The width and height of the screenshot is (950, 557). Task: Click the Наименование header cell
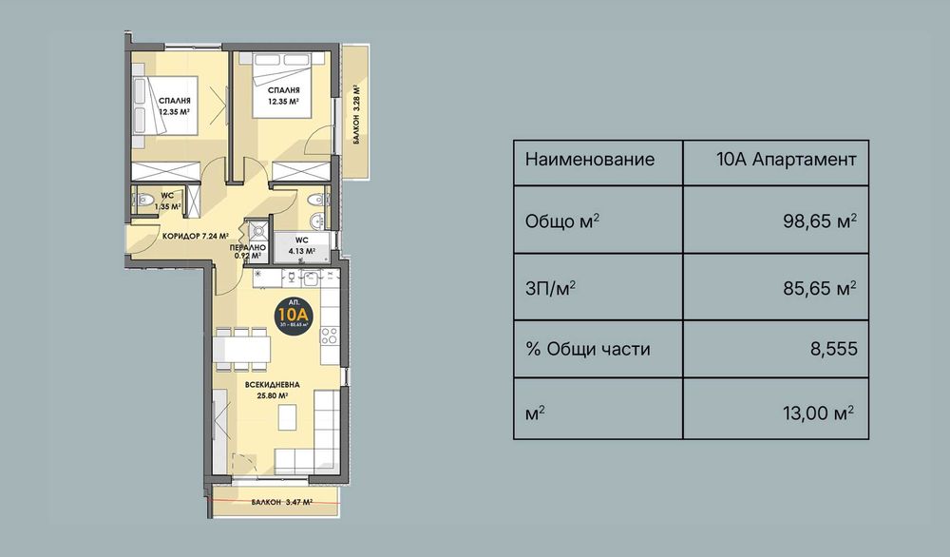pos(590,159)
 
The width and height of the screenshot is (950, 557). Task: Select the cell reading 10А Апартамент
pos(788,159)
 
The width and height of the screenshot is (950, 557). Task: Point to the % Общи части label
pos(587,349)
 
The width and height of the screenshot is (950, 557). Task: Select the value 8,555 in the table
pos(833,349)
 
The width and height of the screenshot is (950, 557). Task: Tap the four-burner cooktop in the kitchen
pos(331,336)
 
